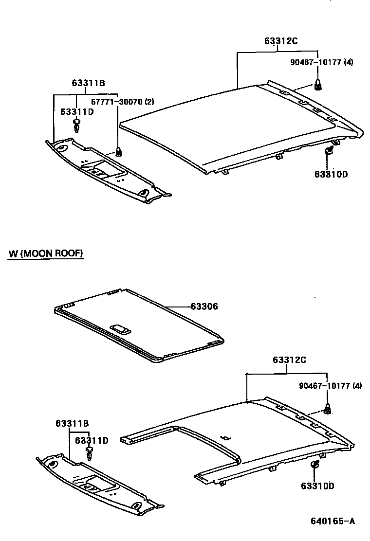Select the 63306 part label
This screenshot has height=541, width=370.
(x=204, y=307)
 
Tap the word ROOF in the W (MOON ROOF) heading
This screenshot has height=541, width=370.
(x=70, y=253)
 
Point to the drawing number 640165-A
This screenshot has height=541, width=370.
(x=333, y=522)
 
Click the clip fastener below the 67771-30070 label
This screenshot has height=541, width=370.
(x=118, y=150)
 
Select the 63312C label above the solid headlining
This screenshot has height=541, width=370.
(x=281, y=41)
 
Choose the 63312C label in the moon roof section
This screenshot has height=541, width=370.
(x=289, y=360)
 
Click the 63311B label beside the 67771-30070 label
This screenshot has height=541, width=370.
(x=89, y=83)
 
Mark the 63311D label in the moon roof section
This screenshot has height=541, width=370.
(x=92, y=441)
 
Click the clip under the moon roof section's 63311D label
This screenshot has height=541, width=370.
(x=90, y=453)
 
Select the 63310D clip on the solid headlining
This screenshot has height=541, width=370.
(x=329, y=150)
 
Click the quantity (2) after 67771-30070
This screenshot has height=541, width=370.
(x=149, y=102)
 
